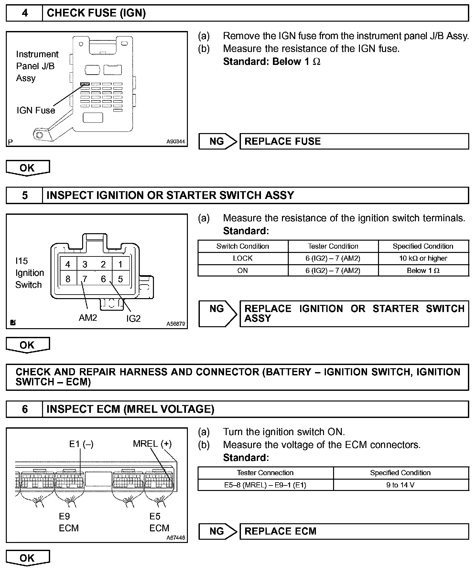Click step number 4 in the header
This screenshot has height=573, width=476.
click(x=25, y=13)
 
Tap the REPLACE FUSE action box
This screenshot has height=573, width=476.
click(x=354, y=141)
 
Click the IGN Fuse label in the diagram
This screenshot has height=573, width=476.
click(x=36, y=110)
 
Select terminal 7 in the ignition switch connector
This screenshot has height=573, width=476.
click(x=85, y=279)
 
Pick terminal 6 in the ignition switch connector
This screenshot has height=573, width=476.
click(x=103, y=279)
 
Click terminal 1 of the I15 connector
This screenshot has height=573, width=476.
click(x=120, y=265)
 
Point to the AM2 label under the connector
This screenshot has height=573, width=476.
click(x=88, y=318)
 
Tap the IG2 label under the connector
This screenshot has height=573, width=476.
click(x=133, y=319)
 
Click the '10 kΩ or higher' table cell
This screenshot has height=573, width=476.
click(x=423, y=258)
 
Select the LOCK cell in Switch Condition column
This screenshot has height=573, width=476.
click(x=243, y=258)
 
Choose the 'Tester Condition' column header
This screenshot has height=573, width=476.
click(x=333, y=246)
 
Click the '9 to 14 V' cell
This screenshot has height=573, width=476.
click(x=400, y=485)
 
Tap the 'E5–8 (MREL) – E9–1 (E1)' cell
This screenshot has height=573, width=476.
click(x=265, y=485)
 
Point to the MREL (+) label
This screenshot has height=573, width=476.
click(x=152, y=444)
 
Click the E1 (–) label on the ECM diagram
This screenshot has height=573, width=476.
click(x=81, y=444)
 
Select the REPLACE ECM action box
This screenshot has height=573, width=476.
click(x=354, y=531)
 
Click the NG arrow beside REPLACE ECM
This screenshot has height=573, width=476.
click(x=218, y=531)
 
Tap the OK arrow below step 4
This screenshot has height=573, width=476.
click(x=27, y=168)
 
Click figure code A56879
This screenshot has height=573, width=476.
click(x=176, y=324)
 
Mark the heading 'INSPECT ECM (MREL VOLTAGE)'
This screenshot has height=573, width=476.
click(x=130, y=409)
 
